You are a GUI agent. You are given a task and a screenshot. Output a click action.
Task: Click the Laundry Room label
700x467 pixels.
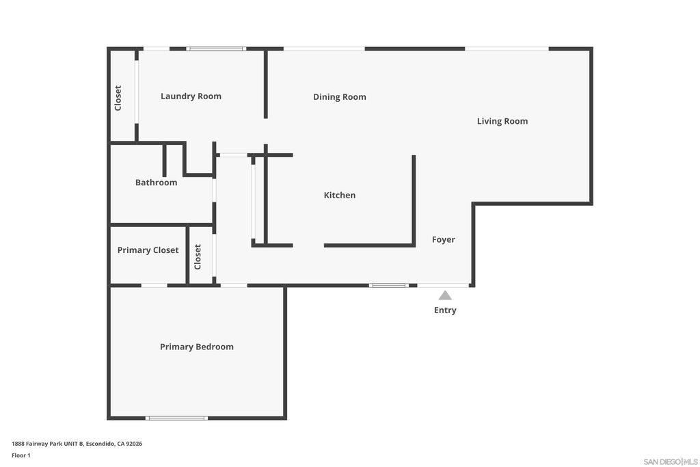(x=191, y=96)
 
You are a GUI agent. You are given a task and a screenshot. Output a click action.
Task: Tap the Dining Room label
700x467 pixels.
(x=339, y=97)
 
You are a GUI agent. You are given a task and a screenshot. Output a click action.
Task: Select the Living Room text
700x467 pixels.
(x=502, y=121)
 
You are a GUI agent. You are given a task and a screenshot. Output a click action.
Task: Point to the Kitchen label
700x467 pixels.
(x=339, y=195)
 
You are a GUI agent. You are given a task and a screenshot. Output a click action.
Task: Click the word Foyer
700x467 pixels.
(x=443, y=240)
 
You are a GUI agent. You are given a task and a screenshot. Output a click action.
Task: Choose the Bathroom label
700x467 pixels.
(x=157, y=182)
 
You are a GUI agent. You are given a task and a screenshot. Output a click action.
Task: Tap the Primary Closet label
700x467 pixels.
(x=148, y=250)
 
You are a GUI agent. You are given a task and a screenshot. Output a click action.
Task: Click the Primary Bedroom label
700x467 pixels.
(x=196, y=347)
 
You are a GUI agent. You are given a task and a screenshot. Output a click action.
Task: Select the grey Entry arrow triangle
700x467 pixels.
(x=444, y=295)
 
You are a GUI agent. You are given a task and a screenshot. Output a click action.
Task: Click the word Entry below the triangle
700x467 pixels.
(x=445, y=310)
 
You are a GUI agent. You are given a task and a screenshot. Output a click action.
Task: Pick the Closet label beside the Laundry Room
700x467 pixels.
(x=118, y=98)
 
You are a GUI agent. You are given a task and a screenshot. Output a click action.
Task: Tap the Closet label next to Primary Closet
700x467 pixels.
(x=198, y=256)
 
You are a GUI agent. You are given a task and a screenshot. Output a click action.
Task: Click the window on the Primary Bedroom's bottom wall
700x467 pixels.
(x=176, y=418)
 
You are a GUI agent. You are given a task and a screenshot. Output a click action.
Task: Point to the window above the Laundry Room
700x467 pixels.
(x=216, y=49)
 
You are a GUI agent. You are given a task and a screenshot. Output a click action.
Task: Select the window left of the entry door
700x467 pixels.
(x=388, y=285)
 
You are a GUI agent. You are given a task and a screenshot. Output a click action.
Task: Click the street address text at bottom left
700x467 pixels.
(x=77, y=444)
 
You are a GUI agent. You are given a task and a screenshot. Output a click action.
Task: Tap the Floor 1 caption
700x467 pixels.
(x=21, y=455)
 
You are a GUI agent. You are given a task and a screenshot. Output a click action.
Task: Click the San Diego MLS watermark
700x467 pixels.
(x=671, y=462)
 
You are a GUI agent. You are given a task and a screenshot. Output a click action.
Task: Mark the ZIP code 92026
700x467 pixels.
(x=134, y=444)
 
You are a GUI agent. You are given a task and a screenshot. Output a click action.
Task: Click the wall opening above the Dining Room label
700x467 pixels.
(x=324, y=49)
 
